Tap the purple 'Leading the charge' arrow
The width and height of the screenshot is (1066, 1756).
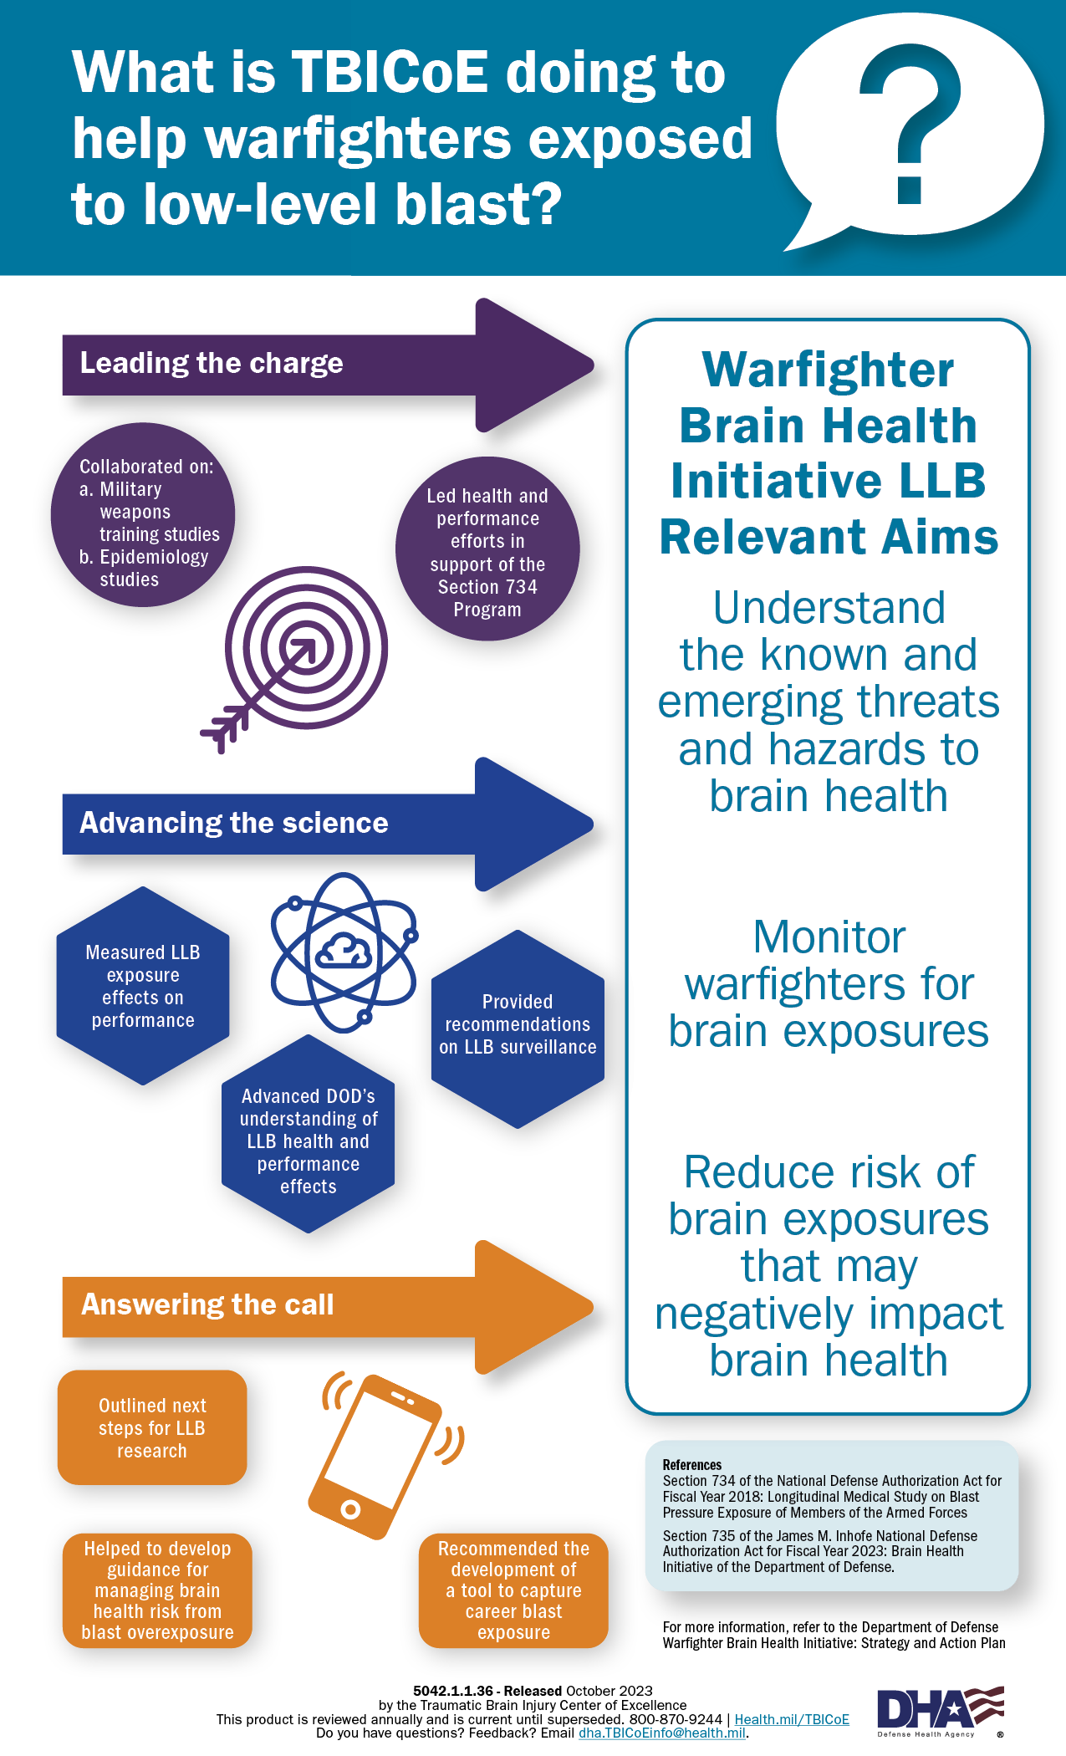(326, 365)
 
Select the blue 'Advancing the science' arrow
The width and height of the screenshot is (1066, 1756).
(326, 824)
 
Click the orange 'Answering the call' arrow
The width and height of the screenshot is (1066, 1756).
(326, 1306)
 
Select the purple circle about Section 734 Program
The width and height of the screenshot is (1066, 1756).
(487, 549)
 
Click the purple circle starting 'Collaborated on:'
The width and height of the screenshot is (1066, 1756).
(143, 515)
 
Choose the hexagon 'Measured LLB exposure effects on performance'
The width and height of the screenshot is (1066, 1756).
(143, 986)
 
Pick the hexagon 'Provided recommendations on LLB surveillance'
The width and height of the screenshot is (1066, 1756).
(518, 1029)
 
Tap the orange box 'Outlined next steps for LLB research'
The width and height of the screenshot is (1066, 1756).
(152, 1428)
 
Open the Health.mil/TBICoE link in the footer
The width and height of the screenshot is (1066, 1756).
(791, 1719)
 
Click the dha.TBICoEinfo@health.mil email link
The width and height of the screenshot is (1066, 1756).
(662, 1733)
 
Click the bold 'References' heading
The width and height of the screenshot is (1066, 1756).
(692, 1465)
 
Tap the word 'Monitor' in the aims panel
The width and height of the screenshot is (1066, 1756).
(829, 937)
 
